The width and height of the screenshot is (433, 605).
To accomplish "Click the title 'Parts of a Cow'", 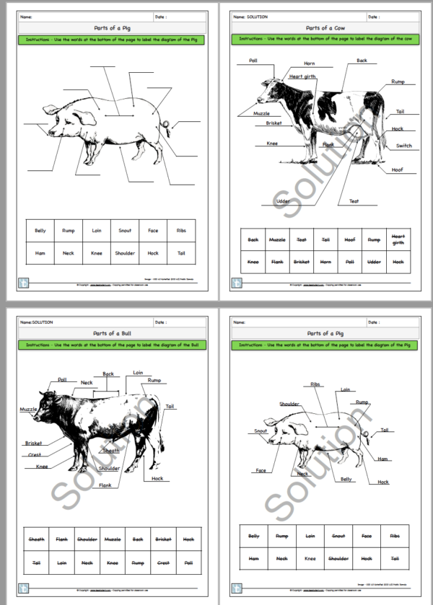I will (323, 29).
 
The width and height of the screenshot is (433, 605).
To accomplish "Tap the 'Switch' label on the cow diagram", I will (403, 146).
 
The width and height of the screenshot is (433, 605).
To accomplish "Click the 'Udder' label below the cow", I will (284, 202).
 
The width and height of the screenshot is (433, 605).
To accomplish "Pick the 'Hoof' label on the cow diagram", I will (398, 170).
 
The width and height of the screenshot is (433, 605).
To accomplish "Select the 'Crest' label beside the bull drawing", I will (35, 455).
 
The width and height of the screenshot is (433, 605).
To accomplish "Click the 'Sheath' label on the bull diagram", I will (110, 451).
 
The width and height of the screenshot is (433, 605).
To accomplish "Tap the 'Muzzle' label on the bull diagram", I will (28, 409).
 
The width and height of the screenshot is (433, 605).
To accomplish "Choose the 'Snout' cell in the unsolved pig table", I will (125, 231).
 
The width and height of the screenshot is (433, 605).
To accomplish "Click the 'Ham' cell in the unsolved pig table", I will (40, 253).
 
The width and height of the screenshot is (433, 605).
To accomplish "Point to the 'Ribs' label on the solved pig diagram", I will (315, 384).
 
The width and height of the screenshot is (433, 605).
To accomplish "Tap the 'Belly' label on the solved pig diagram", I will (346, 479).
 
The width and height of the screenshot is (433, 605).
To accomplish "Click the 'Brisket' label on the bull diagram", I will (33, 443).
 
